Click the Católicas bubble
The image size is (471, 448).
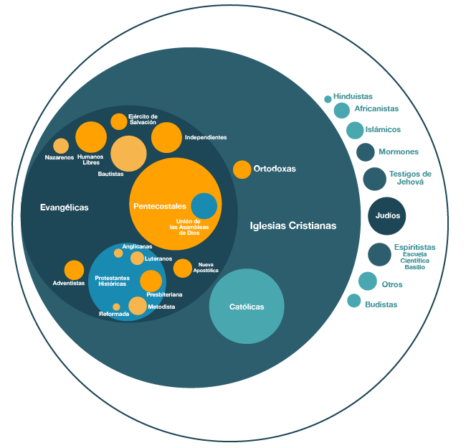coord(247,306)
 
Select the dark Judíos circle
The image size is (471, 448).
coord(387,215)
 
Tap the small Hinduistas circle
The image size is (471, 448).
coord(328,99)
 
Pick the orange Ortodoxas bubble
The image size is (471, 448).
coord(242,169)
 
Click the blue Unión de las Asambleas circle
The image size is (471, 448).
coord(204,206)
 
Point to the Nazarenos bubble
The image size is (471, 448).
coord(61,146)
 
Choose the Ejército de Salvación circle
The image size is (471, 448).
coord(119,121)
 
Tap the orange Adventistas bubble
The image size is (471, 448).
coord(74,270)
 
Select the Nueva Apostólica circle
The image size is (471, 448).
coord(183,268)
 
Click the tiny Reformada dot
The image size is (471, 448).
coord(116,307)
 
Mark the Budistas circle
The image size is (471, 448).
coord(354,301)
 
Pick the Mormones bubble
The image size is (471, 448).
coord(366,152)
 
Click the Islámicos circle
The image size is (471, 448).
coord(355,130)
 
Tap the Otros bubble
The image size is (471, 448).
coord(368,281)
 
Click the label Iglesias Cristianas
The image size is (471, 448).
coord(293,225)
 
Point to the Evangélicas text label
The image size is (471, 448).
coord(65,207)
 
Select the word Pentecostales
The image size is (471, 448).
coord(159,206)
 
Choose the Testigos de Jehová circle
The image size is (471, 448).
coord(374,179)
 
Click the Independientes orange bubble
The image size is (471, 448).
coord(166,138)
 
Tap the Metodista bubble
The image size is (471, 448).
coord(138,306)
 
